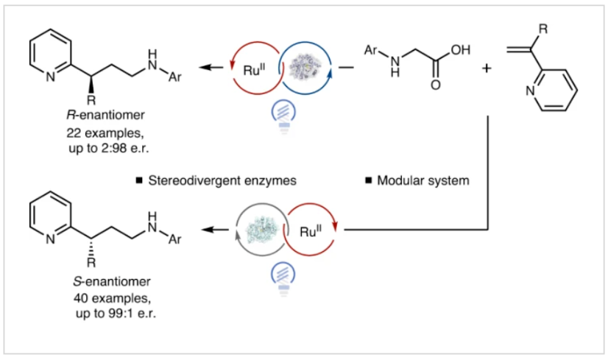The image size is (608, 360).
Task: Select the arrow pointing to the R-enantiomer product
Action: point(213,67)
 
